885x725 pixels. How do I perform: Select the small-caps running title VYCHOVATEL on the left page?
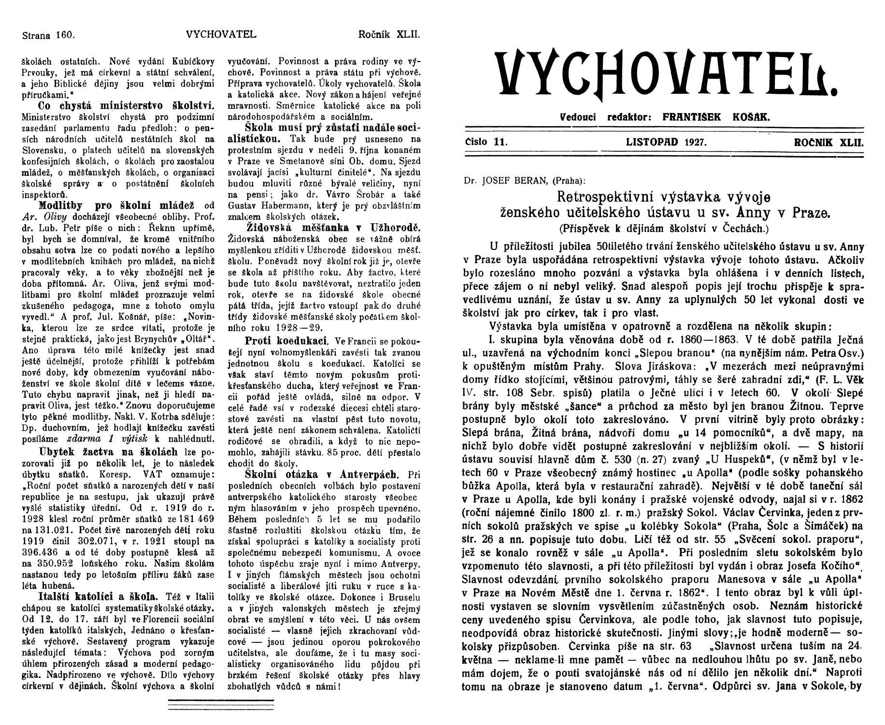pyautogui.click(x=220, y=35)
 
